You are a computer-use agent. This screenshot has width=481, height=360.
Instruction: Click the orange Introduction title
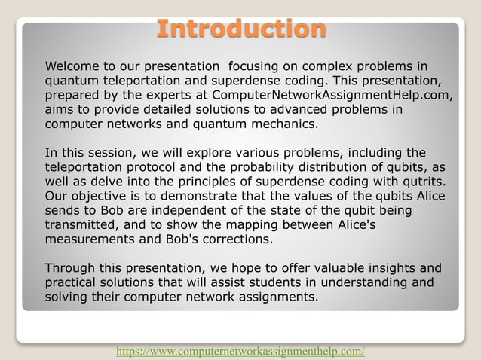coord(241,29)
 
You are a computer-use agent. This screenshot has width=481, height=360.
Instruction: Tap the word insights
coord(370,269)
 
